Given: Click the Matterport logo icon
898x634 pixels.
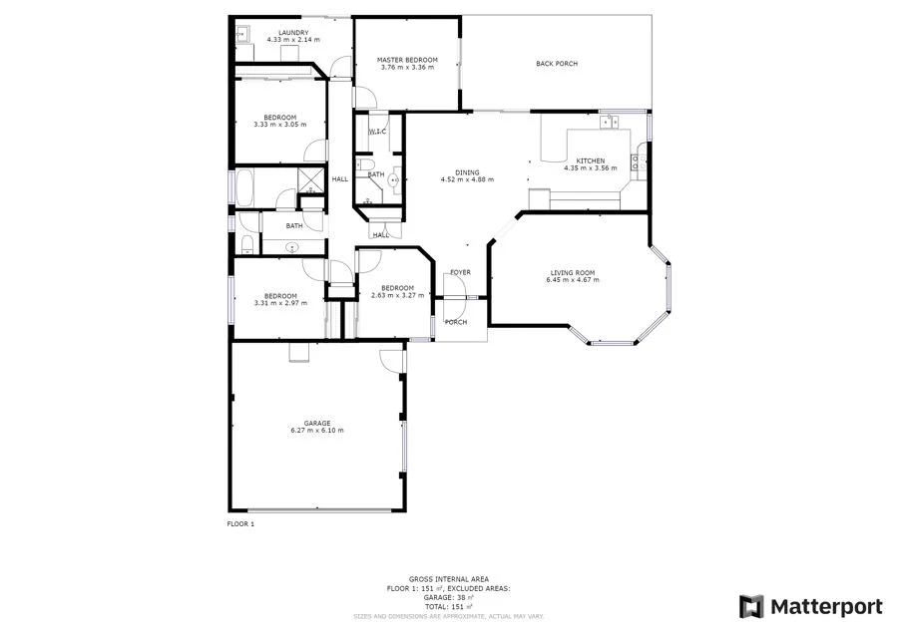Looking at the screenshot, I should [751, 606].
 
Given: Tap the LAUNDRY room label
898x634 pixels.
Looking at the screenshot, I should [293, 33].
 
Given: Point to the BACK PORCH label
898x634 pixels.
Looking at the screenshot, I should [557, 64].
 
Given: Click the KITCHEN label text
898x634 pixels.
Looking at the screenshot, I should [590, 160].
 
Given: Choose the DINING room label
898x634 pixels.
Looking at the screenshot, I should [467, 172].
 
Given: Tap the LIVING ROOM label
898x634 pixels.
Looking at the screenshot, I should [573, 273].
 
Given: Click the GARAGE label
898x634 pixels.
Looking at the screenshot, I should [317, 423].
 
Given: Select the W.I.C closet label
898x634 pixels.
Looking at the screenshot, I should [377, 132].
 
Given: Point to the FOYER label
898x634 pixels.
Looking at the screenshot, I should [460, 272].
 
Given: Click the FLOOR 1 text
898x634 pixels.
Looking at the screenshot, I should [240, 523].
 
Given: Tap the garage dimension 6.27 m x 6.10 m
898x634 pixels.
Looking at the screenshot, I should [317, 431].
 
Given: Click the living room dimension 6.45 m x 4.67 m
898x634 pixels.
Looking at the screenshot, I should [573, 280].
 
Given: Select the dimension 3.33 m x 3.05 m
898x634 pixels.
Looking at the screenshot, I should [280, 125].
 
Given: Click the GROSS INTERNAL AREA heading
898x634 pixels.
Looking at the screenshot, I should [434, 579].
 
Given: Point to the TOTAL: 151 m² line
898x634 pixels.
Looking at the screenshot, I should [434, 606].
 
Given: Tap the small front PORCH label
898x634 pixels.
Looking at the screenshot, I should [455, 322].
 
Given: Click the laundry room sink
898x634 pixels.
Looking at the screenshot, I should [241, 34].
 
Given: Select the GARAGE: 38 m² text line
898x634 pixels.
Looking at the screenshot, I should [434, 597].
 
